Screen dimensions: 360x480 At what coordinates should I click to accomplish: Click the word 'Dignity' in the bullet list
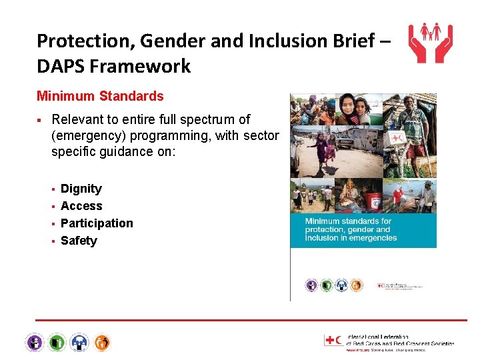[x=81, y=189]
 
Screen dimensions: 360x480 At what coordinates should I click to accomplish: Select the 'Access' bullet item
[x=81, y=206]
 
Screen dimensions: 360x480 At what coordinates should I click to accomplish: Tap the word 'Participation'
[x=97, y=223]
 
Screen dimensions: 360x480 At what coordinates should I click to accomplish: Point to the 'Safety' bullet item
[x=79, y=241]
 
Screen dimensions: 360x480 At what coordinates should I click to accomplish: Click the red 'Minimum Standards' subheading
[x=100, y=96]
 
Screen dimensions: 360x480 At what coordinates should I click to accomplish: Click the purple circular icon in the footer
[x=35, y=343]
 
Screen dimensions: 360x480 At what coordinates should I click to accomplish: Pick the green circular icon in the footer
[x=57, y=343]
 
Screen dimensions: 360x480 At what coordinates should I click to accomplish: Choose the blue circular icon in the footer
[x=80, y=343]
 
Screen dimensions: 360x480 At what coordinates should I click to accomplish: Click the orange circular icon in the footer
[x=102, y=343]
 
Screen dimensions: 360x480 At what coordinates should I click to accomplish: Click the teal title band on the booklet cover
[x=363, y=229]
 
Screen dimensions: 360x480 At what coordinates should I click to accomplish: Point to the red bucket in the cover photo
[x=375, y=200]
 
